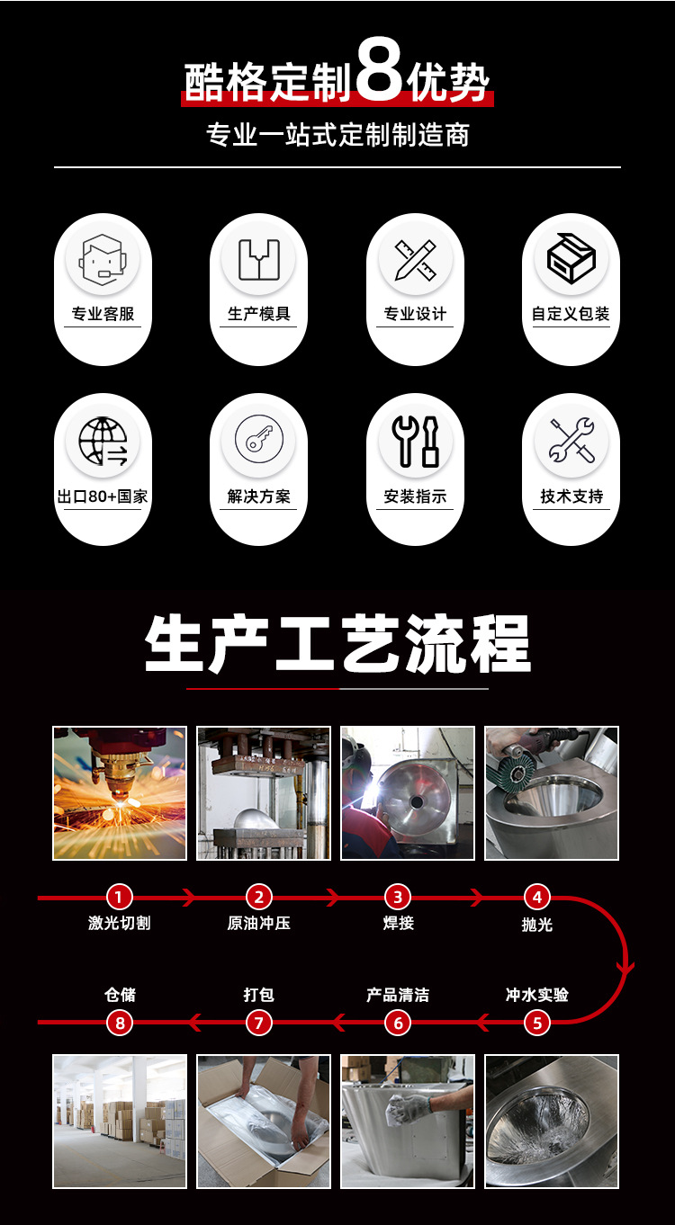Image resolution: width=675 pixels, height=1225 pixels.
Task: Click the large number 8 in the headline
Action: [379, 69]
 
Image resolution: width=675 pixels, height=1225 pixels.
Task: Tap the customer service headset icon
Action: [103, 260]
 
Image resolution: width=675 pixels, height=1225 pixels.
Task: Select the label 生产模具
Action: [259, 313]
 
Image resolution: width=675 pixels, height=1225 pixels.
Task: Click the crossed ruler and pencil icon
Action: [416, 260]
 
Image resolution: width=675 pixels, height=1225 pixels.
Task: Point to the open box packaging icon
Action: [571, 258]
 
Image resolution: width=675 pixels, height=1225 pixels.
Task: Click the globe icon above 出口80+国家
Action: [103, 442]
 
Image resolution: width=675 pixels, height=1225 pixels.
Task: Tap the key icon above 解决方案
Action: [259, 439]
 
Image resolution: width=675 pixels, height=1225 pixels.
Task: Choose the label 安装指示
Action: [415, 496]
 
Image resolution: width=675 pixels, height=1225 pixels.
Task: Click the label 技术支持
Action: [571, 496]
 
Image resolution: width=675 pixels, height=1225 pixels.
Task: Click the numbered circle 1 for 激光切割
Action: [120, 898]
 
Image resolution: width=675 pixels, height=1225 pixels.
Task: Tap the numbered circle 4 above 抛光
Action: [537, 898]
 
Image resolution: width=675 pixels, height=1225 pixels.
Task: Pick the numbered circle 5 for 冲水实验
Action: [537, 1023]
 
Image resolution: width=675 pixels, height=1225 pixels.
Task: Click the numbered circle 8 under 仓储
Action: [120, 1023]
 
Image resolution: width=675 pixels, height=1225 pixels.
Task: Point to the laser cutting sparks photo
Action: [120, 793]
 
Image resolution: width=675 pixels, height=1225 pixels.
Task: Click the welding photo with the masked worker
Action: [408, 793]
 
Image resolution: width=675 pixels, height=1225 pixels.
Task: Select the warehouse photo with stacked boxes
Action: [120, 1122]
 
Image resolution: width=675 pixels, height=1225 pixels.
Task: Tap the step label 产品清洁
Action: [398, 995]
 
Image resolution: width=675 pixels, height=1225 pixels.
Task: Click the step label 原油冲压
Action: [259, 923]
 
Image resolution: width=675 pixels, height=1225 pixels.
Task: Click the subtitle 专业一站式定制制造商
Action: [337, 135]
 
